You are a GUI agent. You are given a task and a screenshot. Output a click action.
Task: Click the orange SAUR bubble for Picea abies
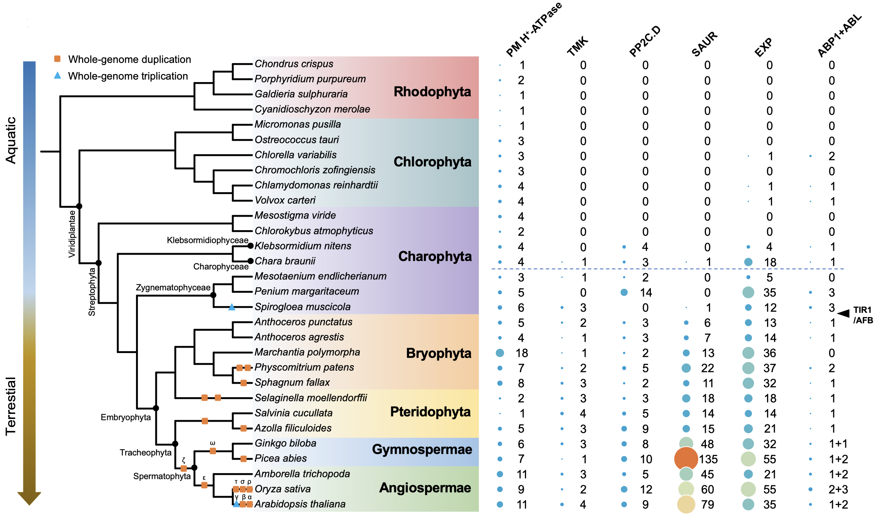(686, 459)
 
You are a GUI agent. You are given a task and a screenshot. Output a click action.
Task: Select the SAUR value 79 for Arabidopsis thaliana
(707, 505)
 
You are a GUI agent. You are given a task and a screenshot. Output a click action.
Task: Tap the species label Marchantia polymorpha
(307, 352)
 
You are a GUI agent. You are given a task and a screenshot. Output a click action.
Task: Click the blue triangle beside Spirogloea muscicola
(232, 307)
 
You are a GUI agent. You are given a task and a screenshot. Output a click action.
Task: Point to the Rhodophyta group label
(432, 92)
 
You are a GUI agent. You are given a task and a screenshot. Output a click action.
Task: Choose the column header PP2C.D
(645, 41)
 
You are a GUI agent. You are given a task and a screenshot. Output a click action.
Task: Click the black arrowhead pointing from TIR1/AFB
(843, 313)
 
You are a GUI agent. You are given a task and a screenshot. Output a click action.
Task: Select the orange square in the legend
(57, 59)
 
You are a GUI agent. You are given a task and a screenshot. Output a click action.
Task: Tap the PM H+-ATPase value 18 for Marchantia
(521, 353)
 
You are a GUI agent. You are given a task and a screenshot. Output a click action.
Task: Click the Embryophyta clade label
(126, 417)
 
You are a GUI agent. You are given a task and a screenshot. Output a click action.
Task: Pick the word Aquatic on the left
(11, 140)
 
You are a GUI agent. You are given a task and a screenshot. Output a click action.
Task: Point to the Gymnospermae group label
(422, 450)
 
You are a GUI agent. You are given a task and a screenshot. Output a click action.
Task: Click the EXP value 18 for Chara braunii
(770, 262)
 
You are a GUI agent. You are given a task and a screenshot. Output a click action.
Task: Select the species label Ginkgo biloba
(285, 443)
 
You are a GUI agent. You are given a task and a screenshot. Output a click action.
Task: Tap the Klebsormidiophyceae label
(207, 240)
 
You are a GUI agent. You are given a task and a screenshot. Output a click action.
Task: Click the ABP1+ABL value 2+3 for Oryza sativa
(838, 489)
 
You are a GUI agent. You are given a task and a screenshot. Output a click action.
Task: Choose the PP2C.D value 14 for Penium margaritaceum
(646, 293)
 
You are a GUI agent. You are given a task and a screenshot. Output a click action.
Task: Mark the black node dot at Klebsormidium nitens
(250, 246)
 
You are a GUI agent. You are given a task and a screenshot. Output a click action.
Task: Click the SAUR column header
(705, 44)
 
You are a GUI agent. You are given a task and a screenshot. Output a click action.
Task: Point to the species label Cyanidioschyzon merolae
(312, 109)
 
